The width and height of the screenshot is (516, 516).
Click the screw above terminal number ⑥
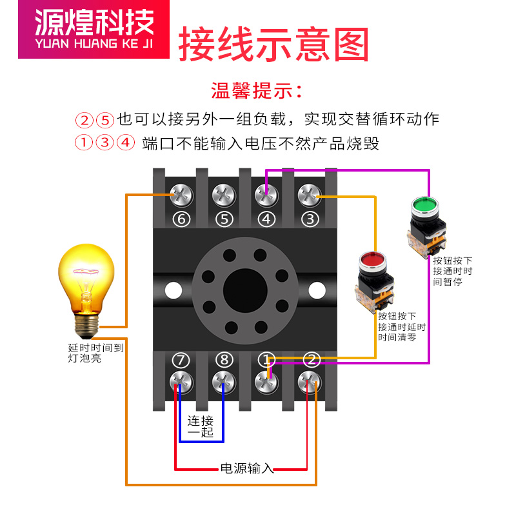coord(181,193)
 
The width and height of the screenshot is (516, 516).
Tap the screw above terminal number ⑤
coord(223,193)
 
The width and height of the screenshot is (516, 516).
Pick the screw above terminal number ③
coord(310,193)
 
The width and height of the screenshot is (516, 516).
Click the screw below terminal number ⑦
coord(181,382)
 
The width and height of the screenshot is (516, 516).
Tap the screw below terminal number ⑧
coord(223,382)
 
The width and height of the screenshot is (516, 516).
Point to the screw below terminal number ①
coord(266,382)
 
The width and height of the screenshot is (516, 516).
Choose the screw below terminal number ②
coord(310,382)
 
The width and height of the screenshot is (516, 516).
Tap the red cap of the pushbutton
coord(371,259)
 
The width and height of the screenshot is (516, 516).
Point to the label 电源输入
coord(247,468)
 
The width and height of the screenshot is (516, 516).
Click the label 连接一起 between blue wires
coord(200,426)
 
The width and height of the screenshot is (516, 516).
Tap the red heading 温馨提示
coord(257,90)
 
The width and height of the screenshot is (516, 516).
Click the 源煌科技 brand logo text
coord(94,25)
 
